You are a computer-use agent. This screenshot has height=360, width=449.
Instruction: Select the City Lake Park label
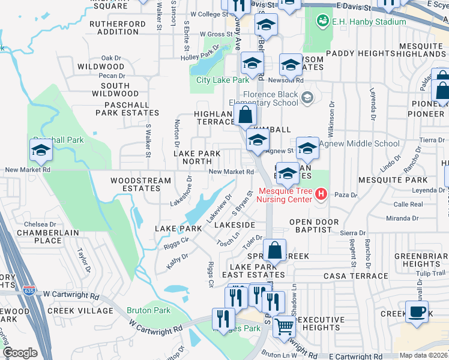pos(222,80)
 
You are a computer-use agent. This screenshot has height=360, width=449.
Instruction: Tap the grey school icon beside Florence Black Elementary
pos(307,97)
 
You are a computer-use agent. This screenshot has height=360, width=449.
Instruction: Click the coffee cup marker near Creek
pos(417,312)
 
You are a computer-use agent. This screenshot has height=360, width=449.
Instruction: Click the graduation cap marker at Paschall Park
pos(41,150)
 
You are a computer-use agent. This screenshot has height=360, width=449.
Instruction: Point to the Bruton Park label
pos(149,310)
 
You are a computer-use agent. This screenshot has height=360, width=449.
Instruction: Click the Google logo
pos(20,353)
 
